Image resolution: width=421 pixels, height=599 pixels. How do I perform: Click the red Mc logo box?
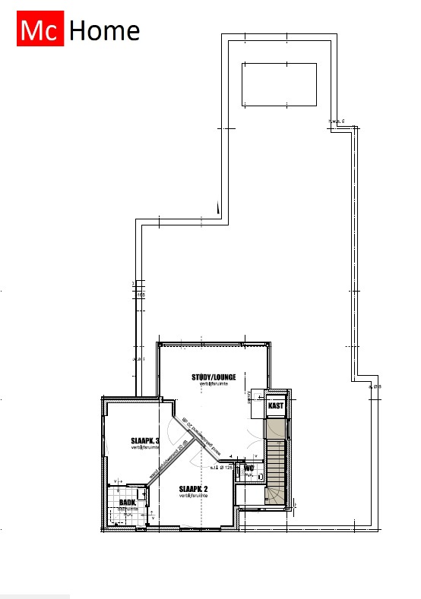39,30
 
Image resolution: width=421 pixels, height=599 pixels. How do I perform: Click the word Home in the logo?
104,31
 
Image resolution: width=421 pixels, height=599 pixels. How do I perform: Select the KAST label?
275,407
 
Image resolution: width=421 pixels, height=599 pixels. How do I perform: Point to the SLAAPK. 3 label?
144,441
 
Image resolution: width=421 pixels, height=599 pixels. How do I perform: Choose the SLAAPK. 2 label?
193,489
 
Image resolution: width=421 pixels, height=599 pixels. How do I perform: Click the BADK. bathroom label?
128,502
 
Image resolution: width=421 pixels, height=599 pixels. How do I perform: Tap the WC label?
248,468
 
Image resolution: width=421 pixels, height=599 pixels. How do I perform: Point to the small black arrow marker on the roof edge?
217,206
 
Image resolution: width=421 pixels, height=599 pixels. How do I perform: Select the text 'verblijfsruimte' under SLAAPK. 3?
144,449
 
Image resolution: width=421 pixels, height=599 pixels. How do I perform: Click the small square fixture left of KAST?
255,396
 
